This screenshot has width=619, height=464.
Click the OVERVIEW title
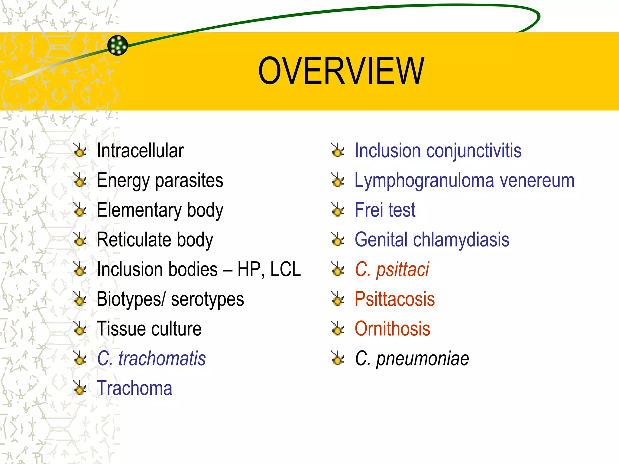pos(341,71)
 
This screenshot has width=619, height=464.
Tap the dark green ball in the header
pos(118,45)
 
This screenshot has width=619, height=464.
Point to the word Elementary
pos(139,210)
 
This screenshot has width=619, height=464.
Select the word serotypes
pos(207,299)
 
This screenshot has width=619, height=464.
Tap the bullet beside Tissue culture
pos(80,329)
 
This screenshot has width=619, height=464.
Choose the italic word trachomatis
pos(162,359)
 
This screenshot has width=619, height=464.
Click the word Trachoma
pos(134,388)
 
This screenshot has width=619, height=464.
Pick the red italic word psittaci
pos(402,269)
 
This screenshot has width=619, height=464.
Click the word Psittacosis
pos(394,299)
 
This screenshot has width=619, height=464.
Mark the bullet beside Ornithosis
pos(338,329)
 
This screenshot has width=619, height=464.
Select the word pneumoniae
pos(422,359)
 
